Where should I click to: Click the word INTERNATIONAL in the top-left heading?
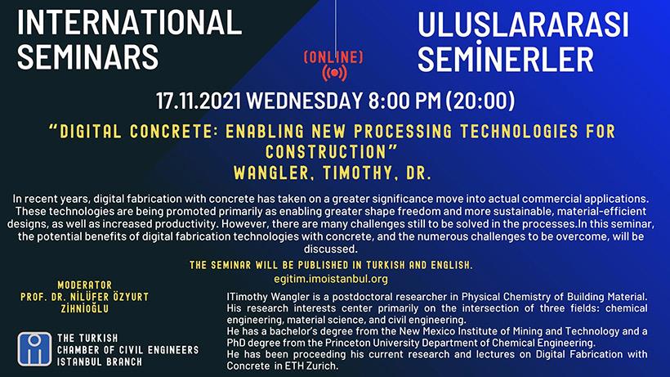129,22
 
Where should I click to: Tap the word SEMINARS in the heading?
88,57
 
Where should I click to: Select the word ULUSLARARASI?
523,25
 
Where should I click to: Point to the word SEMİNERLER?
506,58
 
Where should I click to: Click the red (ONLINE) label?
333,57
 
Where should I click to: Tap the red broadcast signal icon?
334,73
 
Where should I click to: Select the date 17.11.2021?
199,101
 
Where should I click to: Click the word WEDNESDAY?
305,101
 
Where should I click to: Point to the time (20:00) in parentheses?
480,101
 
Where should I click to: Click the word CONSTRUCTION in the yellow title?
325,152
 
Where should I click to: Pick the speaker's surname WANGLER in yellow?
271,173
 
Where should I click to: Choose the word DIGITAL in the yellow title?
91,132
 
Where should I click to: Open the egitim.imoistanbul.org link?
331,279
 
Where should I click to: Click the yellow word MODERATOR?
85,285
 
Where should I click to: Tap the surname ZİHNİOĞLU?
85,308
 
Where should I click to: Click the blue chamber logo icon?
34,349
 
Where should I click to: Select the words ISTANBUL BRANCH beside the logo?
100,361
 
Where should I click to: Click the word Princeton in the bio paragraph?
346,343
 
